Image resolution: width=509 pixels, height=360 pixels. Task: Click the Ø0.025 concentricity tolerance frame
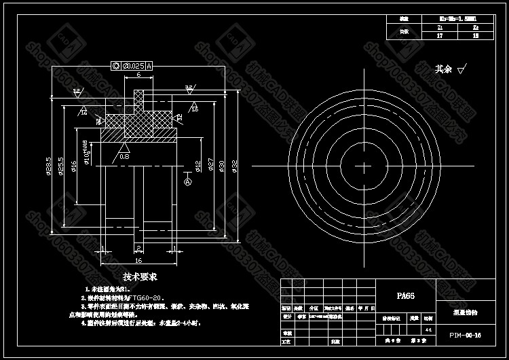[x=131, y=65]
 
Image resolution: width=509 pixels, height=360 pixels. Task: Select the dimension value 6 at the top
[x=138, y=75]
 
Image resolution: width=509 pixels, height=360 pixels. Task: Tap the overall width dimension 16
[x=138, y=260]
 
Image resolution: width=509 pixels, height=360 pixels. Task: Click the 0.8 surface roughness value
[x=124, y=156]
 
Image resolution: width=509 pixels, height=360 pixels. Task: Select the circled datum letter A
[x=188, y=181]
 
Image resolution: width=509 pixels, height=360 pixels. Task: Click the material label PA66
[x=405, y=296]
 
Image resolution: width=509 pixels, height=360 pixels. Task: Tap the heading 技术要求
[x=140, y=276]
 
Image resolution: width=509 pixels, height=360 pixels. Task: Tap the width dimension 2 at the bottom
[x=138, y=248]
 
